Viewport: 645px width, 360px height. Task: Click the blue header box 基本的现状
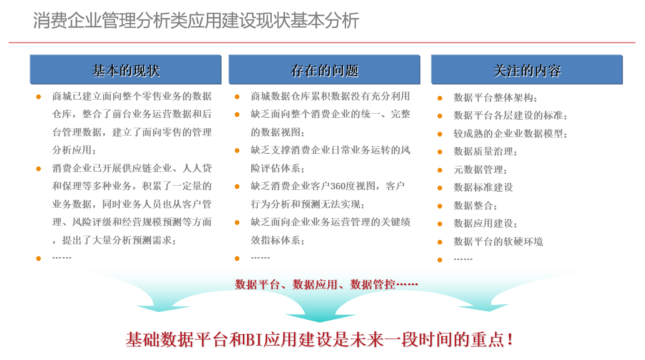(125, 70)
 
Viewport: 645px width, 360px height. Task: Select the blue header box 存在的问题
(325, 70)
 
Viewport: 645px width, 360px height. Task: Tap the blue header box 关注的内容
(527, 70)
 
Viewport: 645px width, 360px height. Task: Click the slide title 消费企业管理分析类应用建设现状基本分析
(196, 21)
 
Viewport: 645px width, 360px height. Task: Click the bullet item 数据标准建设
(483, 187)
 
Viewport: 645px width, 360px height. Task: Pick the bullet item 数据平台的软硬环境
(498, 241)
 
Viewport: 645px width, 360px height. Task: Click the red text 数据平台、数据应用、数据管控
(315, 284)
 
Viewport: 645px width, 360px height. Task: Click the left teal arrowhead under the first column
(161, 309)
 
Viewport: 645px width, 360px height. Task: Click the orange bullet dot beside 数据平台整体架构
(440, 98)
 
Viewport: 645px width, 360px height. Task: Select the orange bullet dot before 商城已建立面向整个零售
(38, 97)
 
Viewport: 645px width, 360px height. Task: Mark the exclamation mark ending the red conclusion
(510, 339)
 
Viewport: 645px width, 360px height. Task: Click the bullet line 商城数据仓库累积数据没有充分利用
(330, 96)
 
